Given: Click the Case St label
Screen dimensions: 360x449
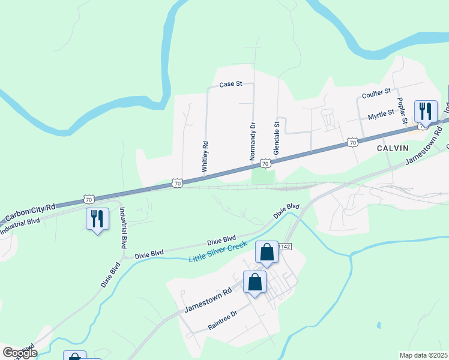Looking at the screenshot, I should click(x=230, y=85).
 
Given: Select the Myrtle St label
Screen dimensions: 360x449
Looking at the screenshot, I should click(x=381, y=112).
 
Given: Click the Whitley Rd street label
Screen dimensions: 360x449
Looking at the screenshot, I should click(x=205, y=158).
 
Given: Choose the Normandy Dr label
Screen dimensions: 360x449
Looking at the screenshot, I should click(x=253, y=142).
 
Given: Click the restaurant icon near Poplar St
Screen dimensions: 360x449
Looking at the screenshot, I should click(x=426, y=111).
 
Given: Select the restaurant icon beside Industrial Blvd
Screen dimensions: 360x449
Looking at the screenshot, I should click(x=97, y=218).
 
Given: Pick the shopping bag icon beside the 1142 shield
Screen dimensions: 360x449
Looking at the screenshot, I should click(x=267, y=253).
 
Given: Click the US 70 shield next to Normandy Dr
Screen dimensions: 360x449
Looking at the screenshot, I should click(x=265, y=163).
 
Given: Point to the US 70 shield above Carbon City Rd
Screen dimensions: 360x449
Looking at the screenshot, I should click(x=88, y=199).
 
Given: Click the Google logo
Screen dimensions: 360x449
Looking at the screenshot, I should click(x=19, y=353).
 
